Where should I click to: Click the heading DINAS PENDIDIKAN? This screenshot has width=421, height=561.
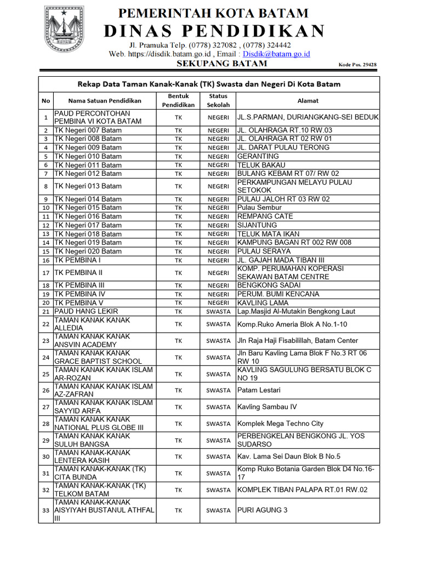tap(214, 31)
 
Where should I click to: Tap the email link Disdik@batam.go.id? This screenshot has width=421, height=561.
tap(277, 54)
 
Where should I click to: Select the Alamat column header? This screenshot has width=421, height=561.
tap(308, 101)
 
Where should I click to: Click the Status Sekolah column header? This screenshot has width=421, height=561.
tap(218, 100)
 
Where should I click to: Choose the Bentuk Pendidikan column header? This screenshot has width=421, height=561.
tap(178, 100)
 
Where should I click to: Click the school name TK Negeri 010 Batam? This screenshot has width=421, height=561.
tap(88, 156)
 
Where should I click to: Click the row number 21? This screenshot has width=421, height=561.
tap(45, 312)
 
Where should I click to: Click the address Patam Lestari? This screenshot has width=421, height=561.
tap(259, 391)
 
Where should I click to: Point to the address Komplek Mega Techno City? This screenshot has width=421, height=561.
tap(280, 423)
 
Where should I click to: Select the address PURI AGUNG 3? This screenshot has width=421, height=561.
tap(262, 510)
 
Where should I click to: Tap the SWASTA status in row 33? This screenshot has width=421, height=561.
tap(218, 511)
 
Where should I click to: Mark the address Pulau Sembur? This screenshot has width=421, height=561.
tap(259, 208)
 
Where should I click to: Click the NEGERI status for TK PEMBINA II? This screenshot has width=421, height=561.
tap(218, 273)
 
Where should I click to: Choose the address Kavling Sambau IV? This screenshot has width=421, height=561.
tap(267, 407)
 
